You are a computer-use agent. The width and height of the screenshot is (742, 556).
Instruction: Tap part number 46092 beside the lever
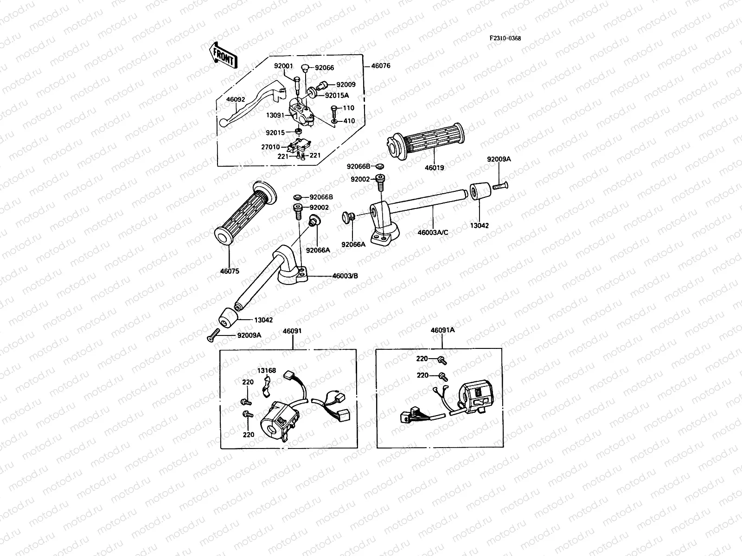point(236,99)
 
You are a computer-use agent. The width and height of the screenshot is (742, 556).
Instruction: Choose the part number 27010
point(270,147)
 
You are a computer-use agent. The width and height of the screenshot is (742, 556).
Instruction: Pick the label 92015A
point(337,95)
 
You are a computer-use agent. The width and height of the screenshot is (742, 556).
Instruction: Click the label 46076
point(381,66)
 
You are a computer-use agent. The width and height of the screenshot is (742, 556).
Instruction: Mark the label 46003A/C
point(433,232)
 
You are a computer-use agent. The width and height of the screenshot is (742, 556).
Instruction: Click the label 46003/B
point(345,276)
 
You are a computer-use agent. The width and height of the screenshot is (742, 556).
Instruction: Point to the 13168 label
point(267,370)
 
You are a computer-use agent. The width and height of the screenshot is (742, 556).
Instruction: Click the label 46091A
point(442,330)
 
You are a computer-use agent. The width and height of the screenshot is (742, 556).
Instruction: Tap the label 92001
point(283,66)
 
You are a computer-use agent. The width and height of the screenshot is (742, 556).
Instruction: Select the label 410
point(349,121)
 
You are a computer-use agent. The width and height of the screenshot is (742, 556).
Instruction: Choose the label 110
point(348,108)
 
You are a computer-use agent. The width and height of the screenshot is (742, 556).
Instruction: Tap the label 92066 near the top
point(324,68)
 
